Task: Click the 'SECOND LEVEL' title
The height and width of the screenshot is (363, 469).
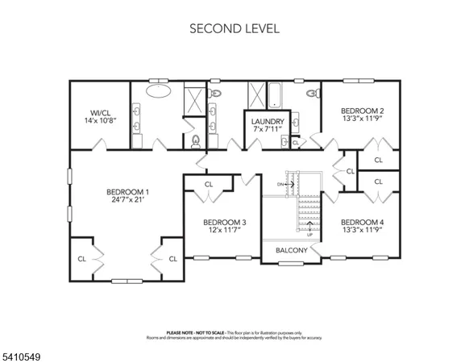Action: [234, 28]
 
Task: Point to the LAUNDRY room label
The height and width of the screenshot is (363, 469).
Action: [268, 122]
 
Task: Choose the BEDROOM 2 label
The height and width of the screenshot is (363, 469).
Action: [361, 111]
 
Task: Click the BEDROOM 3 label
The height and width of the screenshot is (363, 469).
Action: [224, 222]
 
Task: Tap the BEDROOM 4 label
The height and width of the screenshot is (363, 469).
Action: [361, 222]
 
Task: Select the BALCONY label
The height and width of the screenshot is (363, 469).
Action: [292, 250]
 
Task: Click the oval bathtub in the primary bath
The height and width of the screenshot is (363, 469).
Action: [158, 92]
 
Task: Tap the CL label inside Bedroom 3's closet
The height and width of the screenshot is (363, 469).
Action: [208, 184]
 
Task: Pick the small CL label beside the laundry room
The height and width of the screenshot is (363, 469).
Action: [295, 143]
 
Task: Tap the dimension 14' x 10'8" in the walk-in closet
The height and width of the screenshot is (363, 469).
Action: [101, 120]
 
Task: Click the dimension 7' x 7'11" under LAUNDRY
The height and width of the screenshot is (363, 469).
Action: [268, 131]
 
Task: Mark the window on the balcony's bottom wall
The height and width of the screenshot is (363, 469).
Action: [292, 262]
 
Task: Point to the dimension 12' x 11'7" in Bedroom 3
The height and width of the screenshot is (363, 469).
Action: [224, 231]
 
